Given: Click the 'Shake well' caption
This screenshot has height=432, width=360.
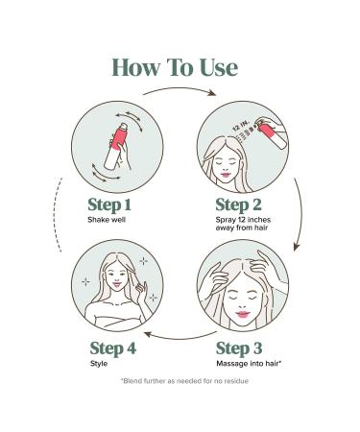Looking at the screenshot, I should (108, 221).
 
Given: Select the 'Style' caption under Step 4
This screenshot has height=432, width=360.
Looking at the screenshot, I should (98, 365).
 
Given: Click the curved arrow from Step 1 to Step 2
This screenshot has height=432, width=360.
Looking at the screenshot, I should (180, 91).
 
